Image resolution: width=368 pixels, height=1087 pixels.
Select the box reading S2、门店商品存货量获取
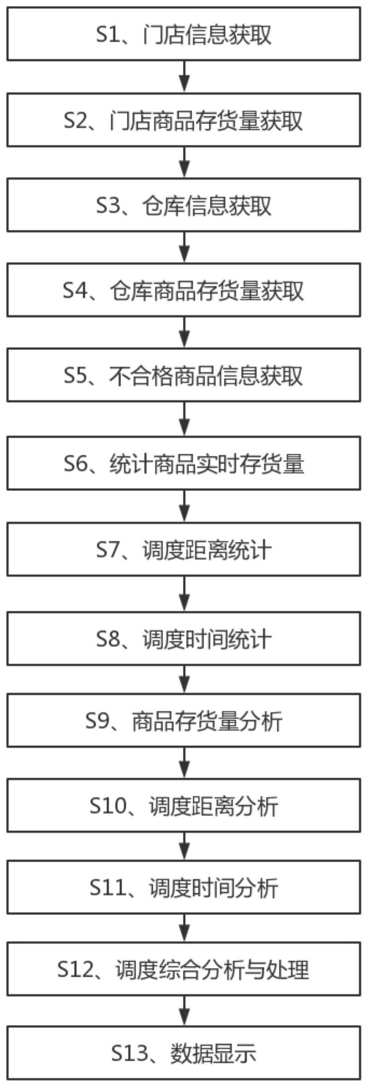pos(184,121)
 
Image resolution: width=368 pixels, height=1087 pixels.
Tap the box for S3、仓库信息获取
pos(184,205)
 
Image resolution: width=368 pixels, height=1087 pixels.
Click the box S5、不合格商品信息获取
pos(184,376)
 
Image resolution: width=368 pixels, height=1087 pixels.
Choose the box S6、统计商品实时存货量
pos(184,463)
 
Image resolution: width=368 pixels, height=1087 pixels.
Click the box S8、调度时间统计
pos(184,639)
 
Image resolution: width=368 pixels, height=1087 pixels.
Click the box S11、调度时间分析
pos(184,887)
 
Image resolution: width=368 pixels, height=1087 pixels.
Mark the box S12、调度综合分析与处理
pos(184,969)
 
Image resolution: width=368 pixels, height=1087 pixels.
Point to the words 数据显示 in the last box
pos(213,1053)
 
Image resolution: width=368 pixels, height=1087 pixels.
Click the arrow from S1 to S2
pos(184,77)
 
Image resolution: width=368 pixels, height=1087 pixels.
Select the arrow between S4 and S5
pos(184,332)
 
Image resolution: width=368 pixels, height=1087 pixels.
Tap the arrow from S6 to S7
pos(184,506)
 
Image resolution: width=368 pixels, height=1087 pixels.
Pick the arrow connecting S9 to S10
pos(184,763)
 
